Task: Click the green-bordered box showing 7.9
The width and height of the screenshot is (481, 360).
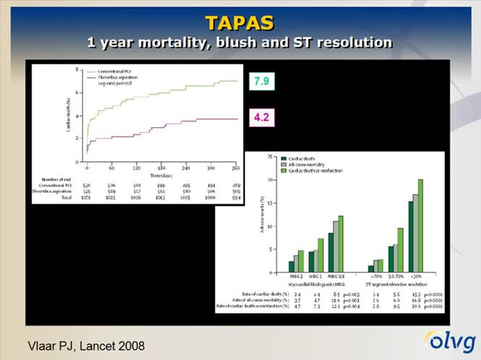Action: pyautogui.click(x=261, y=81)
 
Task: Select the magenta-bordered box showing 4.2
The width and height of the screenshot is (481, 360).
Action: pyautogui.click(x=261, y=116)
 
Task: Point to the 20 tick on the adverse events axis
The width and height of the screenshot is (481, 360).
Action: pyautogui.click(x=269, y=179)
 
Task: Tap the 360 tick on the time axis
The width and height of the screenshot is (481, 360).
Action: pyautogui.click(x=235, y=167)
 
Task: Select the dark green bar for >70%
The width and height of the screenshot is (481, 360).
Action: pyautogui.click(x=371, y=268)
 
